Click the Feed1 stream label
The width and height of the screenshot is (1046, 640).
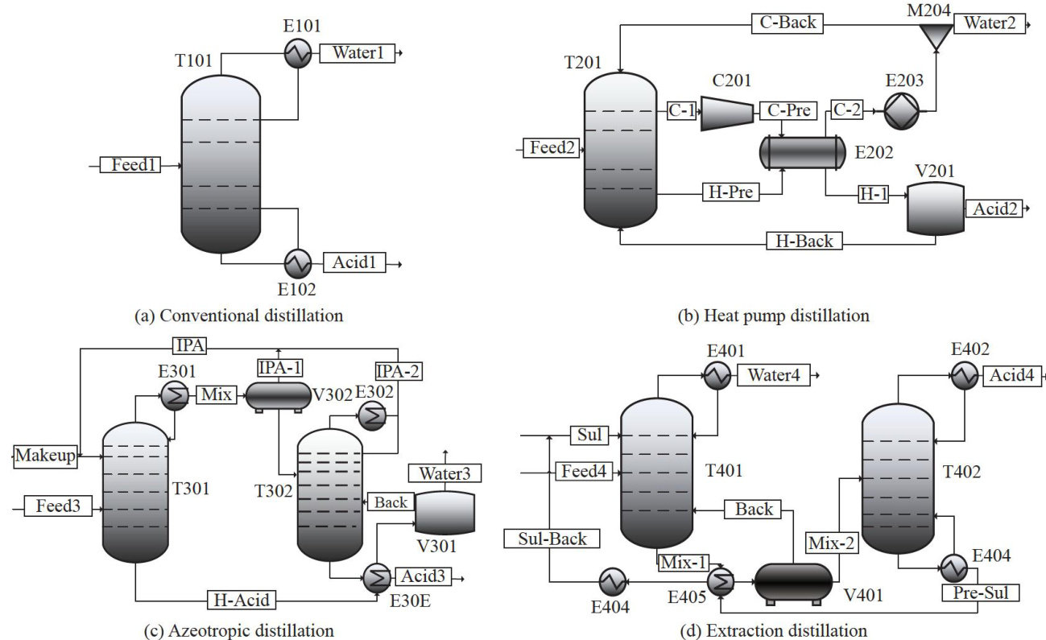(130, 165)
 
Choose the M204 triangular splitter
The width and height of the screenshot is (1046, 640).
(936, 34)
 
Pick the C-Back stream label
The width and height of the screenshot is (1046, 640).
(787, 23)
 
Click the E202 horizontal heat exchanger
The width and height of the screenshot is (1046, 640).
(803, 151)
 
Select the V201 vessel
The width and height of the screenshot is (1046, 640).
(935, 209)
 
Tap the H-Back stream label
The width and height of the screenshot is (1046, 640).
(804, 240)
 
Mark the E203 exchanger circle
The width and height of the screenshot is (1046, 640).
(895, 113)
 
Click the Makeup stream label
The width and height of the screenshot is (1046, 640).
(45, 456)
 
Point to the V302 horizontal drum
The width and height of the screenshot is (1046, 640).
(278, 395)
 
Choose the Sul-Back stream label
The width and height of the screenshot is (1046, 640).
(552, 539)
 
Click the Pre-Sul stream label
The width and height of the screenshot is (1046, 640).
(980, 593)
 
